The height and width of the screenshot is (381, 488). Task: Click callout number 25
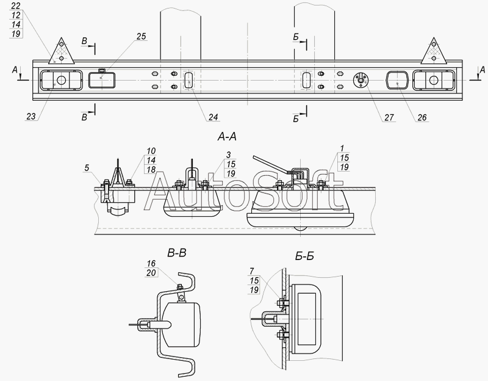click(x=142, y=37)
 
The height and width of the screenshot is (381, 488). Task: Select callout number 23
click(x=31, y=117)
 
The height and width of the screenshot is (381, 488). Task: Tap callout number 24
click(x=213, y=117)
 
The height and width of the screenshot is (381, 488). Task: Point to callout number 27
click(x=389, y=117)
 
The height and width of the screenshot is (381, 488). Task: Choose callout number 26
click(x=422, y=117)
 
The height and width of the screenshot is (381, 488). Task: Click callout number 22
click(x=16, y=5)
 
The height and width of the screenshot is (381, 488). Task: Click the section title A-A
click(x=227, y=136)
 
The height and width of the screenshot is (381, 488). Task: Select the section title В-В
click(x=177, y=253)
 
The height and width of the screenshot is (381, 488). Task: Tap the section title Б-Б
click(x=304, y=256)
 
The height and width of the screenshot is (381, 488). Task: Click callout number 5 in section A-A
click(x=87, y=168)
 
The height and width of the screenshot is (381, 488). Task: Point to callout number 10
click(x=151, y=151)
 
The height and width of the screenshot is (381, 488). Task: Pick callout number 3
click(x=228, y=155)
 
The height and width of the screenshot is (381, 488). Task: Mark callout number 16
click(x=151, y=264)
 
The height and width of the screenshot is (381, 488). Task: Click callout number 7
click(x=252, y=271)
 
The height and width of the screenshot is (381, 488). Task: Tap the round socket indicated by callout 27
click(x=361, y=80)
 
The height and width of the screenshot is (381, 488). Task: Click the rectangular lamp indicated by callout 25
click(x=102, y=80)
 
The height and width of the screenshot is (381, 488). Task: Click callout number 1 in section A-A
click(x=342, y=148)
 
